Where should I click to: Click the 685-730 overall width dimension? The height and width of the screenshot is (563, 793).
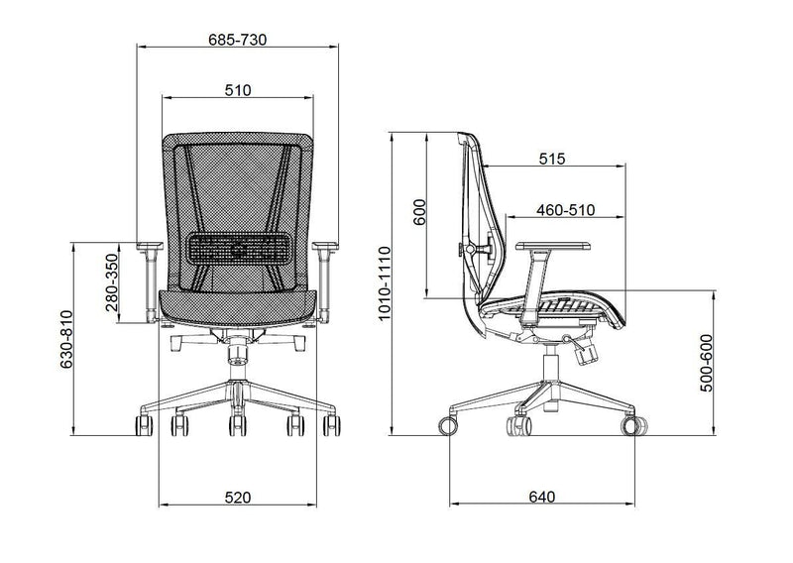[237, 39]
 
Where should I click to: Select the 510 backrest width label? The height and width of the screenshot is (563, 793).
[237, 90]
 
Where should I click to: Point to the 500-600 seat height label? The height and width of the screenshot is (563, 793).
[707, 364]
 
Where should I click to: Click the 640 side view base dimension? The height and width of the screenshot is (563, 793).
[541, 496]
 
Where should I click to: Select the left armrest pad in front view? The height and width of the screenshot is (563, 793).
[150, 244]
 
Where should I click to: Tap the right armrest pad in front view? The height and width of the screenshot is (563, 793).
[325, 244]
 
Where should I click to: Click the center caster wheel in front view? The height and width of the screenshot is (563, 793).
[237, 426]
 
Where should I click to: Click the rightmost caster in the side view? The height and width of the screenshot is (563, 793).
[631, 426]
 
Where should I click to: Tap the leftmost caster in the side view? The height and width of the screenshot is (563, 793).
[449, 426]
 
